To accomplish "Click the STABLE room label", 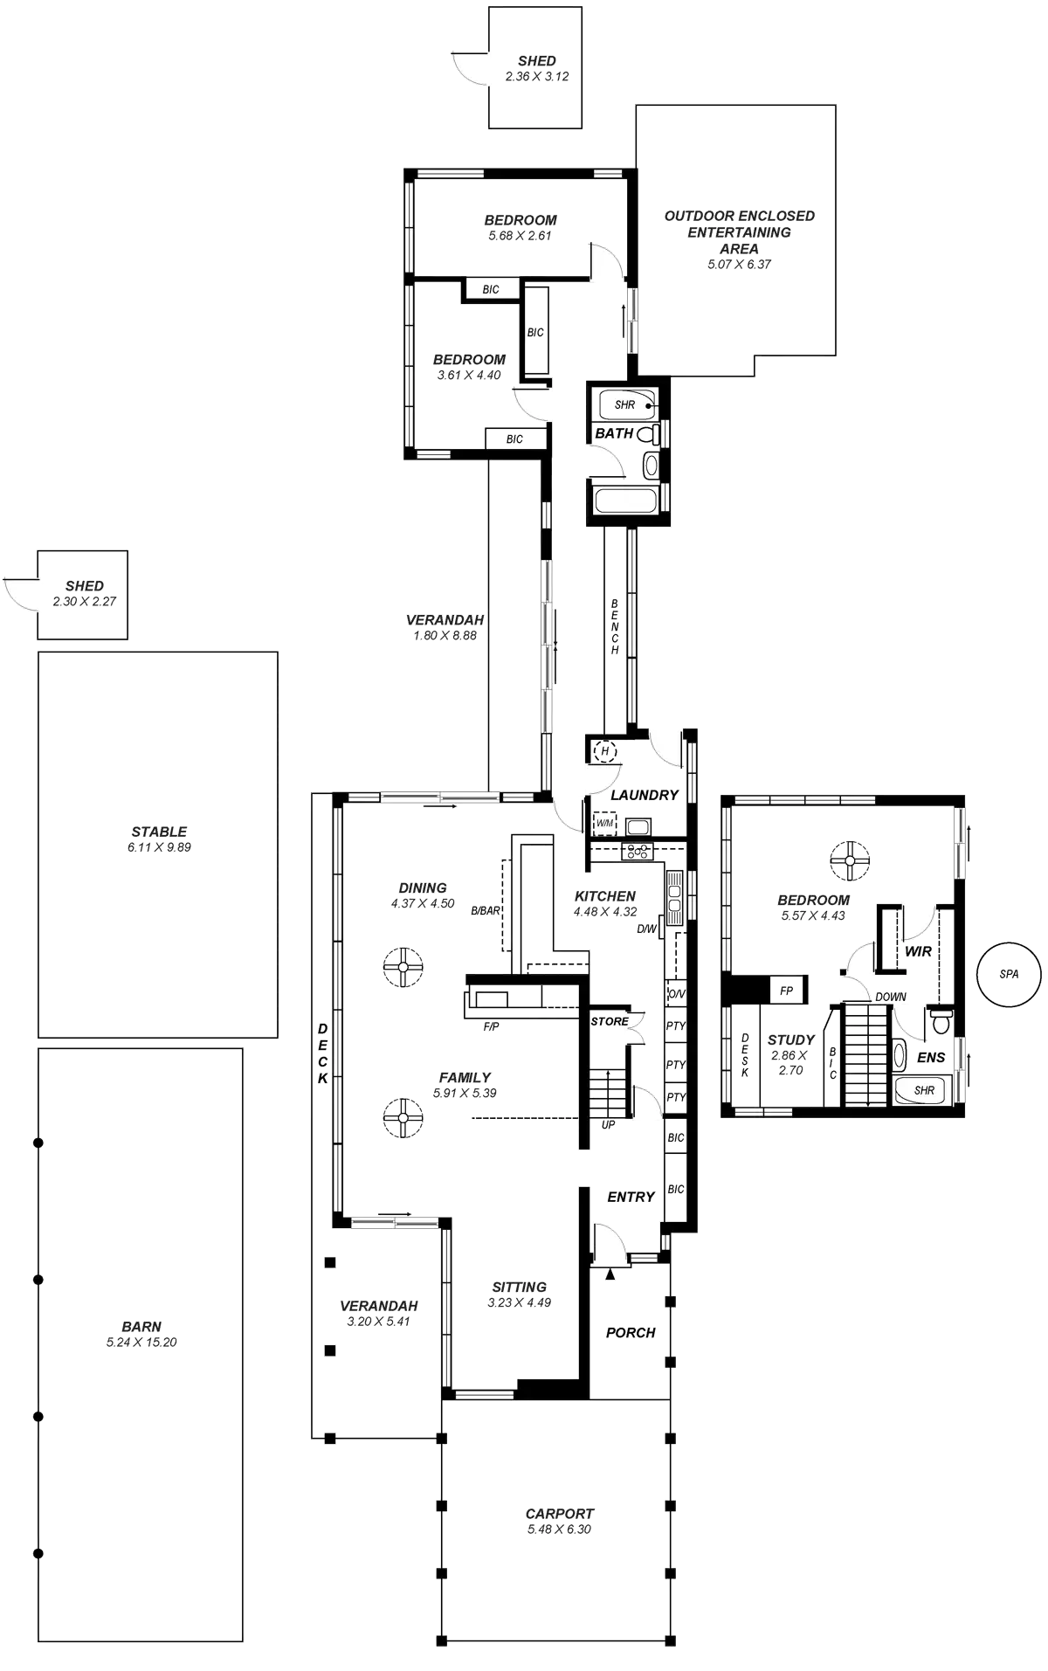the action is click(x=159, y=832).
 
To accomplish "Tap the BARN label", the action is click(x=141, y=1326).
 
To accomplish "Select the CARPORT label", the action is click(x=559, y=1513).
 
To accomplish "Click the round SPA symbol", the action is click(x=1009, y=973).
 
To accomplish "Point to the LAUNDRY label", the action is click(x=644, y=796).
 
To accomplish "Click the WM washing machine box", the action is click(x=604, y=824).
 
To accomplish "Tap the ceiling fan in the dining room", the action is click(x=402, y=966).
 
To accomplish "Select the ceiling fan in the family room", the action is click(x=402, y=1117).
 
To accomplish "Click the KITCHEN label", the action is click(x=604, y=896).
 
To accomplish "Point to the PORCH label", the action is click(x=631, y=1333).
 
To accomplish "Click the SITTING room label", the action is click(x=519, y=1287).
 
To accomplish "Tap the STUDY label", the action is click(x=790, y=1040).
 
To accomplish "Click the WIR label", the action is click(x=918, y=951).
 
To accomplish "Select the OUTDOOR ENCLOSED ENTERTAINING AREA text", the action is click(x=740, y=231).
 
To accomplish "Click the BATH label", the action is click(x=614, y=433).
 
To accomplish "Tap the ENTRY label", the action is click(x=631, y=1198).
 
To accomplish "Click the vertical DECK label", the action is click(x=321, y=1053).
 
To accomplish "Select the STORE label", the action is click(x=609, y=1021).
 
